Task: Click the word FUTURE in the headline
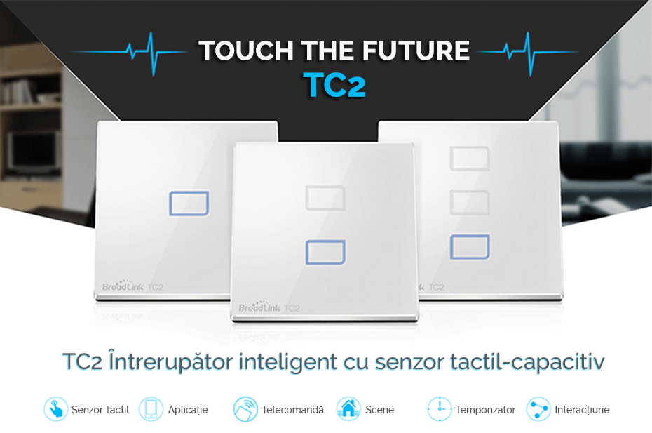[x=416, y=51]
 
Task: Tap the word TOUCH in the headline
[x=246, y=51]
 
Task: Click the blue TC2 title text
[x=334, y=86]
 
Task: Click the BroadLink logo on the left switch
[x=123, y=286]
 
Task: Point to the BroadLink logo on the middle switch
[x=259, y=307]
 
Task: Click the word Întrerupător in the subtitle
[x=170, y=361]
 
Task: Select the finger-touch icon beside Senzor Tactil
[x=55, y=409]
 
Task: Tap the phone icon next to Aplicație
[x=151, y=409]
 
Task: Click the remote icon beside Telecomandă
[x=245, y=409]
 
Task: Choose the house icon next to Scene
[x=348, y=409]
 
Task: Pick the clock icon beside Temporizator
[x=440, y=409]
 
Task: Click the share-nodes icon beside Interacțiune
[x=538, y=409]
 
